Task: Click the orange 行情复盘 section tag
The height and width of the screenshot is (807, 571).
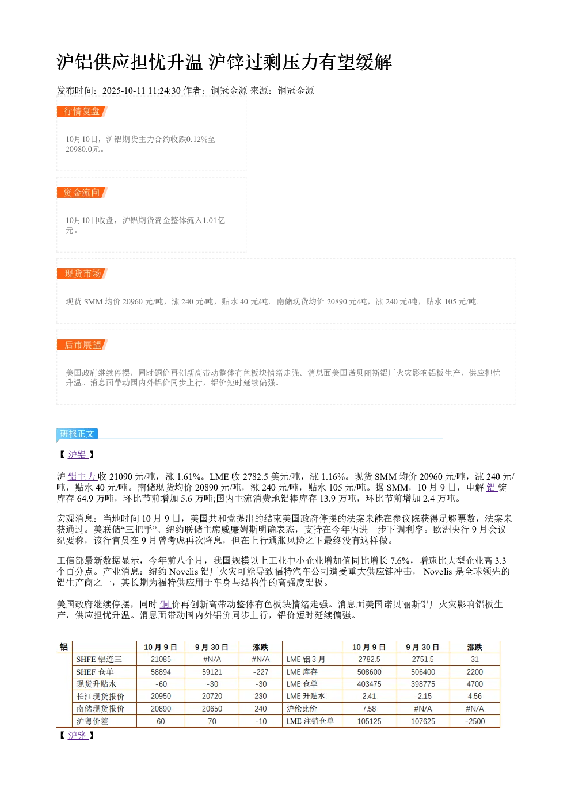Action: (x=82, y=112)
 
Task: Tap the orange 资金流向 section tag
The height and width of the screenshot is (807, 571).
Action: (x=82, y=192)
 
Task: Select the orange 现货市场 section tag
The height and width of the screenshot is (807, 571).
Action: (x=82, y=273)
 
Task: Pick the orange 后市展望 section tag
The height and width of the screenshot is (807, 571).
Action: (x=82, y=345)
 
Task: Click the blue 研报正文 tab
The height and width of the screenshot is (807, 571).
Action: (x=77, y=433)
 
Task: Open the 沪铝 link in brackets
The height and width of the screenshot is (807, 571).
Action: (x=78, y=454)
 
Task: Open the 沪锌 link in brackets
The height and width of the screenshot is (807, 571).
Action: (x=78, y=735)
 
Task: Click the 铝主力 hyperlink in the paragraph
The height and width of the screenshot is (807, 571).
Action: (x=82, y=477)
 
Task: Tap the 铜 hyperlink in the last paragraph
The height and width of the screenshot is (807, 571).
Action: (x=165, y=604)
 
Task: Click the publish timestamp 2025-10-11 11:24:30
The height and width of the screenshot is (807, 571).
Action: (x=141, y=90)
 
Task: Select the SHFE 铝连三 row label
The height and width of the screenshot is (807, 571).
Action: (x=99, y=659)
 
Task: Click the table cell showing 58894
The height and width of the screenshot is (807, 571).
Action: (x=161, y=672)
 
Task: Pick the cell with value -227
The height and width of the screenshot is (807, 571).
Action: (x=260, y=672)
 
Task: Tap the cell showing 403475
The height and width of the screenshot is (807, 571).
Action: (x=369, y=684)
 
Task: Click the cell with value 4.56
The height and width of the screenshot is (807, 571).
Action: (x=475, y=696)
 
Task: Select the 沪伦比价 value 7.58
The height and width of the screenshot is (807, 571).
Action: (x=369, y=709)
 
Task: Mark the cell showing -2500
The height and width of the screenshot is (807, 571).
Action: (x=475, y=721)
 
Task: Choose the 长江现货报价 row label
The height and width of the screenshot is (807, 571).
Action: (x=100, y=697)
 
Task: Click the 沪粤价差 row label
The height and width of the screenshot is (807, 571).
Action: (x=92, y=721)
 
